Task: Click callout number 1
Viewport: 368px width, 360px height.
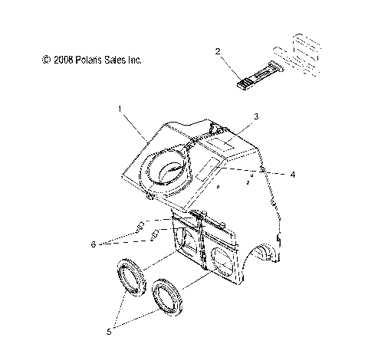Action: coord(120,110)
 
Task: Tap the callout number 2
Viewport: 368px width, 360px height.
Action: coord(218,51)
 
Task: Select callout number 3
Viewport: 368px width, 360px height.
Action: coord(257,116)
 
